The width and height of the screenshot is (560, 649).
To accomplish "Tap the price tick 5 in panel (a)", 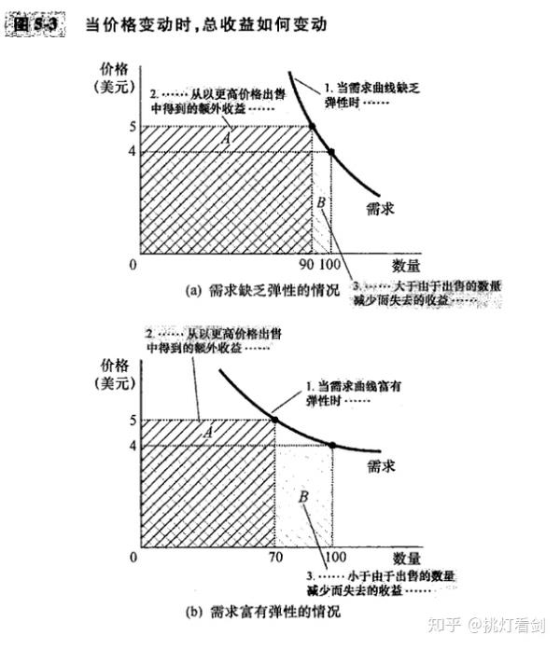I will pyautogui.click(x=133, y=127).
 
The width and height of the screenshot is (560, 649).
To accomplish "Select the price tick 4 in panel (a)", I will pyautogui.click(x=133, y=150).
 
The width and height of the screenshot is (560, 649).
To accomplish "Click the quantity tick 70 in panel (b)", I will pyautogui.click(x=275, y=558).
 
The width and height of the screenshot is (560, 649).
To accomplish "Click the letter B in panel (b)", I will pyautogui.click(x=303, y=496).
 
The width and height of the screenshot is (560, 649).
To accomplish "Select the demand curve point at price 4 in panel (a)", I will pyautogui.click(x=331, y=151).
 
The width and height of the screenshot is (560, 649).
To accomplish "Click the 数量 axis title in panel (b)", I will pyautogui.click(x=406, y=558).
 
